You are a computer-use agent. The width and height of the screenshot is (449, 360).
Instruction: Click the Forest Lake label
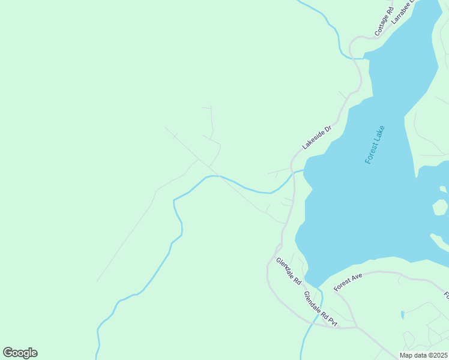375,145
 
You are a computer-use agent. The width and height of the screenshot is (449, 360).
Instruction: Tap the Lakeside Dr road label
317,137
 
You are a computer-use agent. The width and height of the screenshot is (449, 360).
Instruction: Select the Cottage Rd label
384,22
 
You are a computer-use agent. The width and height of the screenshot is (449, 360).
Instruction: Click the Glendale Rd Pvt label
320,309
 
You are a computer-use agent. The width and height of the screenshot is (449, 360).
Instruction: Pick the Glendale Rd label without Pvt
289,271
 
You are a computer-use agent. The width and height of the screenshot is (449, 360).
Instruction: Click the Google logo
20,353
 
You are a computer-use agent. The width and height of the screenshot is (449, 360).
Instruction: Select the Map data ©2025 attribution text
424,355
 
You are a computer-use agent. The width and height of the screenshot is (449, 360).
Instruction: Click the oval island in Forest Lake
440,208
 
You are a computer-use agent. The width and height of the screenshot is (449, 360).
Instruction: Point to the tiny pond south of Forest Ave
402,314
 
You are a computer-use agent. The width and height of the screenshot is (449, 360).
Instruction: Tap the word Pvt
331,322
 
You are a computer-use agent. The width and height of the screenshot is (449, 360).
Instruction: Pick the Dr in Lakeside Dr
328,128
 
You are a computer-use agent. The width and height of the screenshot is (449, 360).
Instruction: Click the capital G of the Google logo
8,353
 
